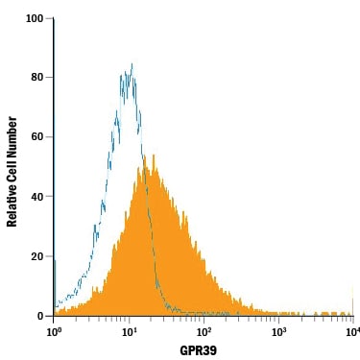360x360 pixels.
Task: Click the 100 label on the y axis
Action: [35, 18]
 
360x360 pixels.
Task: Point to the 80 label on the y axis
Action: [37, 78]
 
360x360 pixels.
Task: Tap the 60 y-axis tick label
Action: [37, 137]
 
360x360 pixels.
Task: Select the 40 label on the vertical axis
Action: [37, 197]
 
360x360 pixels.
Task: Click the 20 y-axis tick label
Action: [37, 256]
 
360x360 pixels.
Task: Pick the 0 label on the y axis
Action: [40, 316]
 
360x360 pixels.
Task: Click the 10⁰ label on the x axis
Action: [53, 332]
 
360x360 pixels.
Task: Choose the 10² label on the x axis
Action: [203, 332]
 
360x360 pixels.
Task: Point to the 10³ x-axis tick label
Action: [278, 332]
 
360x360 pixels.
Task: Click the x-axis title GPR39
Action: [199, 350]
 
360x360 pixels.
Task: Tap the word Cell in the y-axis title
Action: [12, 167]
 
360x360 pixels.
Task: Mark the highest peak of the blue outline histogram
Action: [132, 63]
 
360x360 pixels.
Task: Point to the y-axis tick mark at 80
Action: [50, 78]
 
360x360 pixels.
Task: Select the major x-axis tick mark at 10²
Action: [204, 319]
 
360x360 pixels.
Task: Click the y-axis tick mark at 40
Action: [50, 197]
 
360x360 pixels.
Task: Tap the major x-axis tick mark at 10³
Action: [278, 319]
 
